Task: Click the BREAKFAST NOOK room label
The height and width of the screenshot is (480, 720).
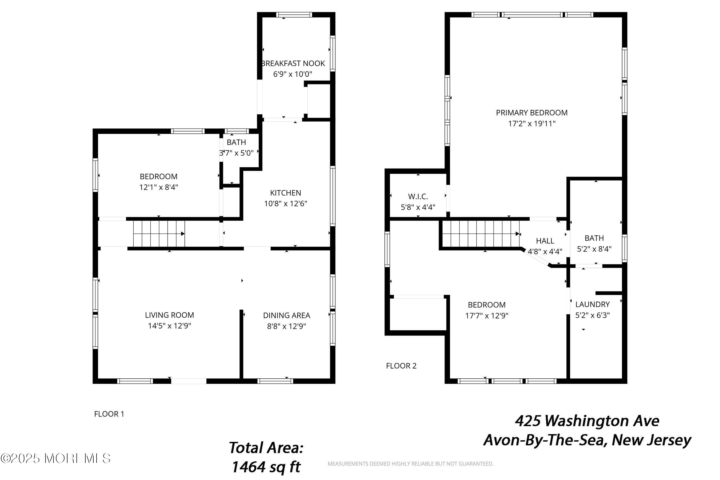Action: pos(293,63)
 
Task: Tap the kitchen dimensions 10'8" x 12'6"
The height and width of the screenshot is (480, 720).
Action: pos(285,203)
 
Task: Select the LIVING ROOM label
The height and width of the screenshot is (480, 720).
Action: pos(169,315)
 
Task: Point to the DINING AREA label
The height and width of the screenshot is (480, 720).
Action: pos(286,315)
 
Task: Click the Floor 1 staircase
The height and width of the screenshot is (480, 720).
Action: pos(159,234)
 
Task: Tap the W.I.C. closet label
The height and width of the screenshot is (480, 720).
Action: pos(418,197)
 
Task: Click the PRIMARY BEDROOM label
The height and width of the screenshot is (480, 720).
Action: pos(532,113)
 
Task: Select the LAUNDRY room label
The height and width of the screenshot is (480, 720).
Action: pos(592,304)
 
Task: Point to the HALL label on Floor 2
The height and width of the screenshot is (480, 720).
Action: pos(545,241)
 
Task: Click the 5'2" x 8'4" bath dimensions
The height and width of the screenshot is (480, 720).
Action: pos(594,249)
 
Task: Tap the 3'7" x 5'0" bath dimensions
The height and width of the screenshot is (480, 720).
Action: pos(236,153)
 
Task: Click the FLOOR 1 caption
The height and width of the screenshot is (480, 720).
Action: pos(109,414)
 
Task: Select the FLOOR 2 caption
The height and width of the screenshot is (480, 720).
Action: pos(401,366)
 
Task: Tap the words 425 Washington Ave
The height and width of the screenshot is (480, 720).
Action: pos(587,421)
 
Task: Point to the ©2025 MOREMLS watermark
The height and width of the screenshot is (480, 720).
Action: pos(55,458)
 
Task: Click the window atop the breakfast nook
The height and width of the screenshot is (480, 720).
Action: pos(294,15)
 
